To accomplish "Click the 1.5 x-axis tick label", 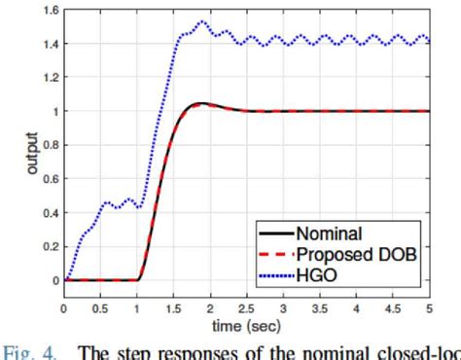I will coord(174,307).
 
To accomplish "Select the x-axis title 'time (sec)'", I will coord(246,323).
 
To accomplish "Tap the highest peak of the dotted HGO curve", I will coord(203,21).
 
